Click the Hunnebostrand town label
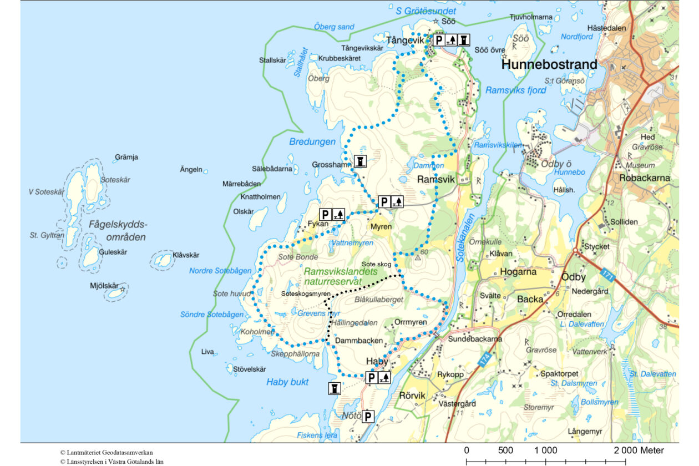point(549,65)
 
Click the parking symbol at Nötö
point(368,416)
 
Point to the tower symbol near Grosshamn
point(361,161)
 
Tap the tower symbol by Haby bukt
point(334,388)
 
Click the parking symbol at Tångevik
point(438,40)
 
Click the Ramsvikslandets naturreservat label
point(341,277)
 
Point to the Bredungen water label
point(312,142)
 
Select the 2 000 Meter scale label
point(639,450)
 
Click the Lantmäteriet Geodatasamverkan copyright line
point(107,453)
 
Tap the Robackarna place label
point(645,179)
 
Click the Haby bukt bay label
point(287,382)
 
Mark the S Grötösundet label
point(426,11)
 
